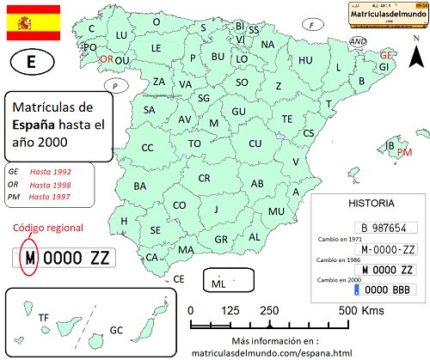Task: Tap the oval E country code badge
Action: click(32, 63)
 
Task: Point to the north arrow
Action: click(417, 58)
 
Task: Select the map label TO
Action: click(194, 143)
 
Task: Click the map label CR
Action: click(204, 178)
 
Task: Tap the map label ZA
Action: click(159, 82)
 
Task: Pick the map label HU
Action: click(305, 60)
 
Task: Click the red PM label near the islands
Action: click(405, 152)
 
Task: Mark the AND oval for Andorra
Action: click(359, 41)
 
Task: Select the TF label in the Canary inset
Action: click(43, 318)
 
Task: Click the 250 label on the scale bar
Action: click(268, 310)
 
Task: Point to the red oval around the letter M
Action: click(29, 256)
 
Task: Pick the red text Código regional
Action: click(49, 228)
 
